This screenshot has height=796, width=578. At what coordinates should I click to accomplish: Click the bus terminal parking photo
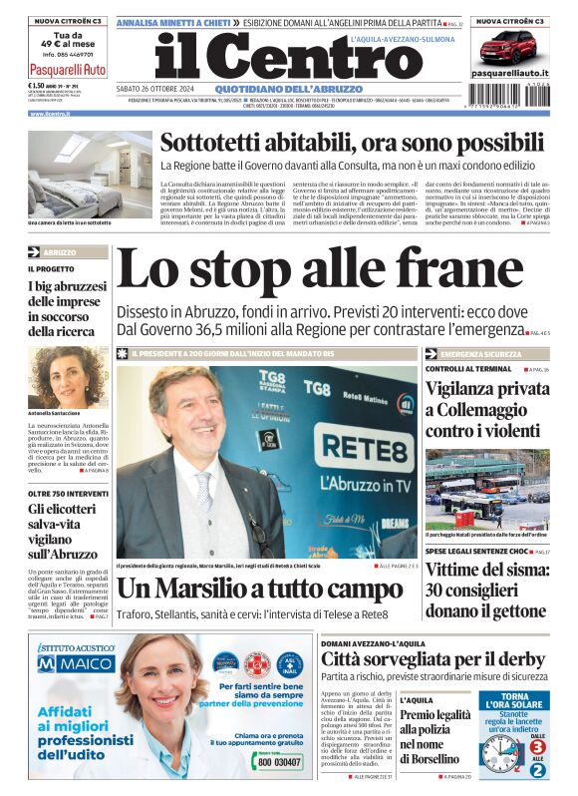coord(486,488)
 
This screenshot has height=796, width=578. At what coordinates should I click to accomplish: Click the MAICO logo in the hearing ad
coord(77,663)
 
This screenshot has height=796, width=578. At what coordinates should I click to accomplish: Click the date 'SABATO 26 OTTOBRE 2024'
coord(154,89)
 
